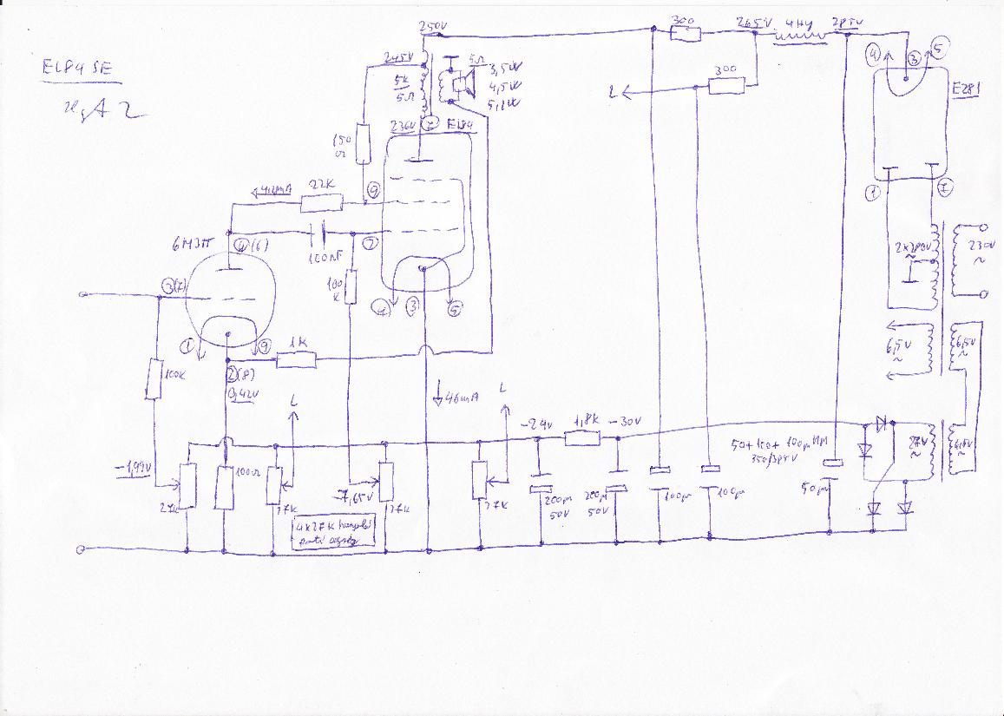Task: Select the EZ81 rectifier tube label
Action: pos(966,89)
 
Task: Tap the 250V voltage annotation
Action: pos(432,29)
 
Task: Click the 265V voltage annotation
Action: pos(751,23)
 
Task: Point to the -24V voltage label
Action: pos(538,425)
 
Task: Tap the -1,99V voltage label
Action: pos(135,469)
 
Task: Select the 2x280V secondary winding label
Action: pos(909,247)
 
